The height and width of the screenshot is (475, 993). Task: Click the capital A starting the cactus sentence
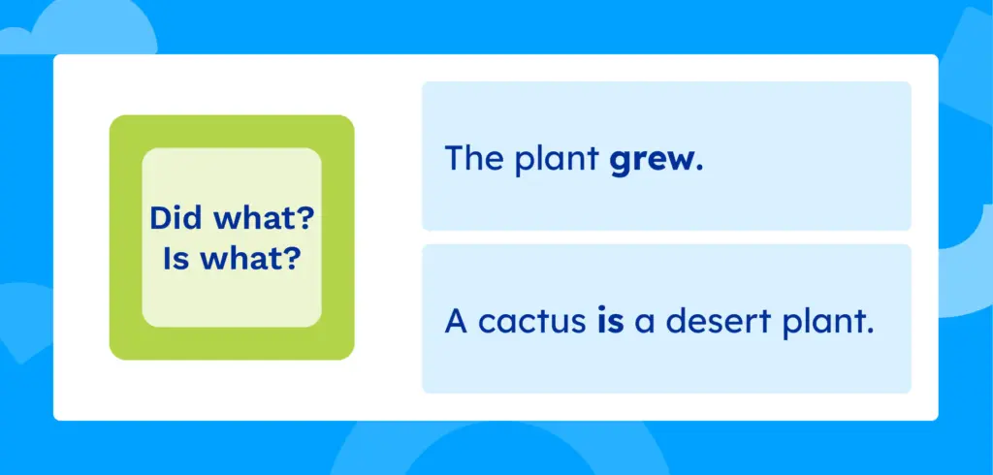[x=454, y=321]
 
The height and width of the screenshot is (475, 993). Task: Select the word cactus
[x=528, y=322]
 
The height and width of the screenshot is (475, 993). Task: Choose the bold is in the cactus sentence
[x=610, y=321]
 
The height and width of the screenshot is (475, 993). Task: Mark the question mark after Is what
[x=290, y=259]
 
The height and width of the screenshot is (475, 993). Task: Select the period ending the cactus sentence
[x=869, y=331]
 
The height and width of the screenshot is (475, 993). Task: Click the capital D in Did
[x=159, y=218]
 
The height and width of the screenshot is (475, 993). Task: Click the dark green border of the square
[x=125, y=237]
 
